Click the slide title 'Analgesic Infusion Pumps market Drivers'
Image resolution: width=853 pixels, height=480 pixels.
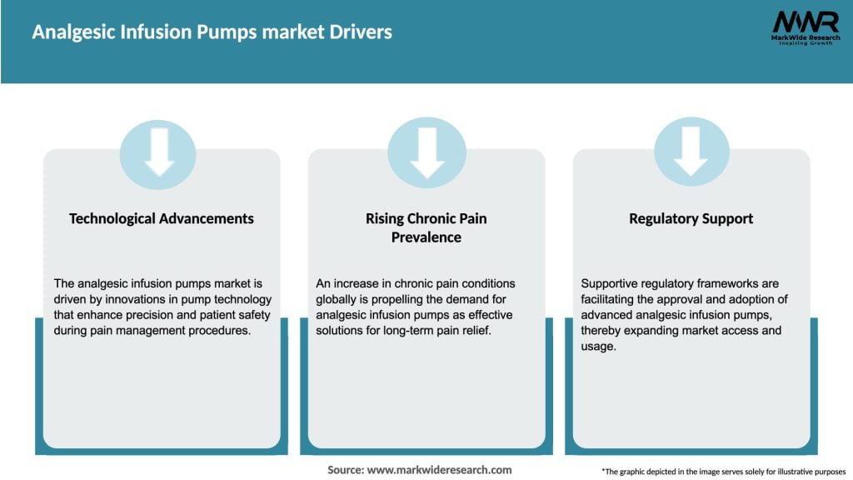[212, 32]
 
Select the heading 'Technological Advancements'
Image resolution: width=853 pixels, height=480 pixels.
[162, 218]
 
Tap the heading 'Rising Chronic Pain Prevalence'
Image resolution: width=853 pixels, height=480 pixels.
[426, 227]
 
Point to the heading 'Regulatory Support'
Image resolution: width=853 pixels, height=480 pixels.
[691, 218]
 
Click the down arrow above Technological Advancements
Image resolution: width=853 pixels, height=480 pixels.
[158, 152]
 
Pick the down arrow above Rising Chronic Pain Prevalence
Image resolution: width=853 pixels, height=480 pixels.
[426, 152]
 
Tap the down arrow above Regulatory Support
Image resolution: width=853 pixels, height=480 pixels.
[691, 152]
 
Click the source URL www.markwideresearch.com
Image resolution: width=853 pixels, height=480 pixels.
[439, 470]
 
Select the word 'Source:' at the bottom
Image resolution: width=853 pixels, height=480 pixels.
[345, 470]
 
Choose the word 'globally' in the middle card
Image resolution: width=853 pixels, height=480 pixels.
[340, 299]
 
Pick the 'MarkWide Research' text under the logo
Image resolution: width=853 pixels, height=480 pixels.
[805, 39]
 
